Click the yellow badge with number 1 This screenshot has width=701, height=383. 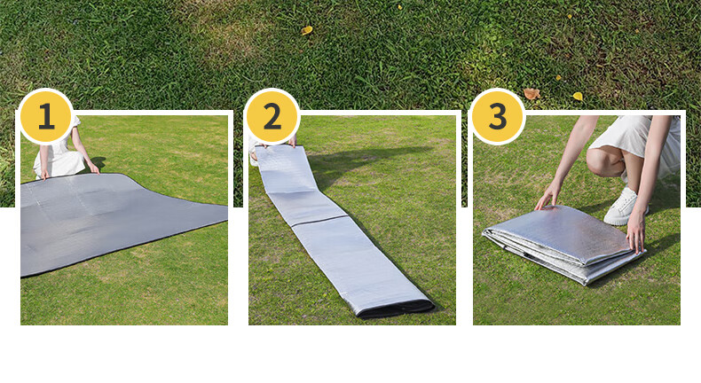[46, 116]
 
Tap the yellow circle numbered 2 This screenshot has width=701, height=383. [272, 116]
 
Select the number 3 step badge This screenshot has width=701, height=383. [498, 116]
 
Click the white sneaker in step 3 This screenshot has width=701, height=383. [623, 206]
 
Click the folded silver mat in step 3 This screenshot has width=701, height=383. [563, 244]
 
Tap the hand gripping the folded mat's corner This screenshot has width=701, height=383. [635, 232]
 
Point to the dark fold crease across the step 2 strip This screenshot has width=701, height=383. [319, 221]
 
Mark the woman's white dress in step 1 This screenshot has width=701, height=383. [61, 154]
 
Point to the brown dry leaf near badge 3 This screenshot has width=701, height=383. [532, 94]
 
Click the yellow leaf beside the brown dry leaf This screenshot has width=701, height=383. [578, 96]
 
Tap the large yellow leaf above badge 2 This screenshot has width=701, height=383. [307, 30]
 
